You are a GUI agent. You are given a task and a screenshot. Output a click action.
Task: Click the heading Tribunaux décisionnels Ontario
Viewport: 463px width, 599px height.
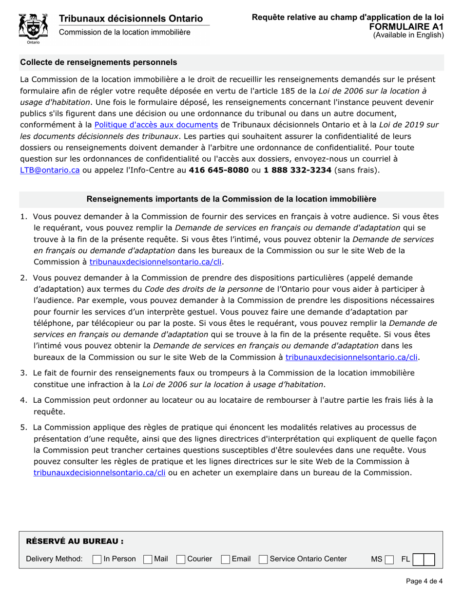click(x=131, y=19)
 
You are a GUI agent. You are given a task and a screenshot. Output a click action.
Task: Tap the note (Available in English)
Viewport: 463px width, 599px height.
click(x=408, y=35)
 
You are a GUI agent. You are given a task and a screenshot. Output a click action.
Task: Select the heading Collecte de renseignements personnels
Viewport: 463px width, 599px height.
click(x=98, y=62)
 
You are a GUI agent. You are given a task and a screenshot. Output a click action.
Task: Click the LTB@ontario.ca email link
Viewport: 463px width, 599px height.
click(x=50, y=170)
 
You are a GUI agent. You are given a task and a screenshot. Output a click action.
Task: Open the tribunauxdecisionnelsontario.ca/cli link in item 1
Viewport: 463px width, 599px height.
click(x=155, y=262)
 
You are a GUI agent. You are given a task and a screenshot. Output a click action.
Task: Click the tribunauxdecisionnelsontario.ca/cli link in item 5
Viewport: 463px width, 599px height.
click(x=99, y=472)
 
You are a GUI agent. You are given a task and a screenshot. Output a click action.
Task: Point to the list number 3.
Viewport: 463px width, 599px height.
click(x=23, y=373)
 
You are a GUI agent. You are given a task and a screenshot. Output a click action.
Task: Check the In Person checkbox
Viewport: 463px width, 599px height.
click(x=97, y=559)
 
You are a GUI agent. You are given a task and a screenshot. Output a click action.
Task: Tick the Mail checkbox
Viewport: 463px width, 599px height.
click(x=147, y=559)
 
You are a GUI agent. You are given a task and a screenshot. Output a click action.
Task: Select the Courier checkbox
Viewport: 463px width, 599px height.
click(x=181, y=559)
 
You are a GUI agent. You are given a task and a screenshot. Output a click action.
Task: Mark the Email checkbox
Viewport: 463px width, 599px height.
click(x=225, y=559)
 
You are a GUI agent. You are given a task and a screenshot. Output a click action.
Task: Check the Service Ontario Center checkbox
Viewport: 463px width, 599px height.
click(x=263, y=559)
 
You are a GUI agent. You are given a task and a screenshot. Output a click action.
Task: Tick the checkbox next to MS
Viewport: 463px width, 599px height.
click(x=388, y=559)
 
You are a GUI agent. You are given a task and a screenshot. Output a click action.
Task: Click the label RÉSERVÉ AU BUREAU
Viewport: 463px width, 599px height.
click(x=75, y=541)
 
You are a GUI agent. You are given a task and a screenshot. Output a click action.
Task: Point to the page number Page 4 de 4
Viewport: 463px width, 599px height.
click(x=424, y=580)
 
